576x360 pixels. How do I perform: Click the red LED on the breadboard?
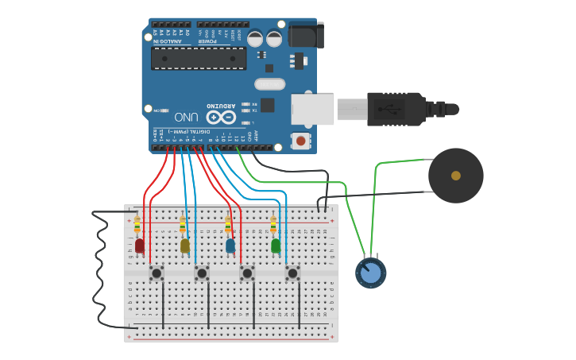point(140,246)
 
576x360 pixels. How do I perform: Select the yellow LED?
point(185,246)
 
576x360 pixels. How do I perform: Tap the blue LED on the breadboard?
point(230,246)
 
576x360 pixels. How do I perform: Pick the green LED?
point(276,246)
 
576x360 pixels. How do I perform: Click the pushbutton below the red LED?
point(157,273)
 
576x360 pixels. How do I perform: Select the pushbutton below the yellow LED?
point(202,273)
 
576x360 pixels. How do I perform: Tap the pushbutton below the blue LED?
point(247,273)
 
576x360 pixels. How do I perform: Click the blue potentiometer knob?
point(370,273)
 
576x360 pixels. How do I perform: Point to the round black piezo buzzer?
point(455,176)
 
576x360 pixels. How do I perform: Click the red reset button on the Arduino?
point(300,141)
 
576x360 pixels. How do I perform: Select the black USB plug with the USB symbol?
point(395,108)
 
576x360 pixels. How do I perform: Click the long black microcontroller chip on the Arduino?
point(199,58)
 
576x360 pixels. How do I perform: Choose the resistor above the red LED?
point(137,225)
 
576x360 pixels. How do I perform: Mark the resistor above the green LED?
point(273,225)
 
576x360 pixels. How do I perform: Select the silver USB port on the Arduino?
point(311,109)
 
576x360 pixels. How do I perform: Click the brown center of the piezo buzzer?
point(455,176)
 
